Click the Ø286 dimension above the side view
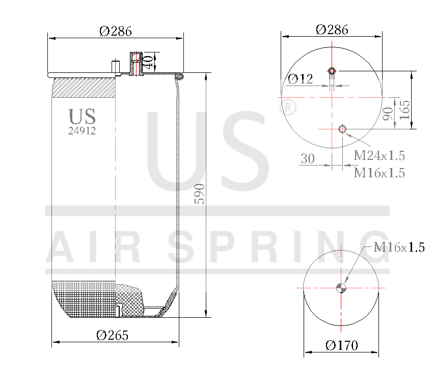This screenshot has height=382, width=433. tap(116, 31)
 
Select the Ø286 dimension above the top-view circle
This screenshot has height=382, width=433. tap(332, 30)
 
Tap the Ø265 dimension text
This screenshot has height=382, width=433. tap(112, 335)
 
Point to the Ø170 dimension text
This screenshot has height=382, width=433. tap(342, 345)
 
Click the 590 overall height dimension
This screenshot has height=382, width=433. tap(200, 194)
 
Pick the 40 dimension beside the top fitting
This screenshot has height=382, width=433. tap(148, 63)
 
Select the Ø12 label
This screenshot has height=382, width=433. tap(301, 79)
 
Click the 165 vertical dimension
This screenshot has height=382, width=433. tap(404, 110)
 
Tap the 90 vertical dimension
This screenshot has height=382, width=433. tap(388, 114)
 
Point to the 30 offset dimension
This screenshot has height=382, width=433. tap(307, 159)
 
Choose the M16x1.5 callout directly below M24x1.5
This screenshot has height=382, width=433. tap(380, 173)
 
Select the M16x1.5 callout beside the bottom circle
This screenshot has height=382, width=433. tap(399, 248)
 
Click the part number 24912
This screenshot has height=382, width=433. tap(82, 130)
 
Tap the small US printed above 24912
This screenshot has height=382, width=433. tap(82, 117)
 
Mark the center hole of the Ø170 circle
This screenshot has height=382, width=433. tap(341, 288)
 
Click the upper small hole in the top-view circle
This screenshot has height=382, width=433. tap(332, 70)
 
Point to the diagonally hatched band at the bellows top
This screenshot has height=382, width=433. tap(84, 88)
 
